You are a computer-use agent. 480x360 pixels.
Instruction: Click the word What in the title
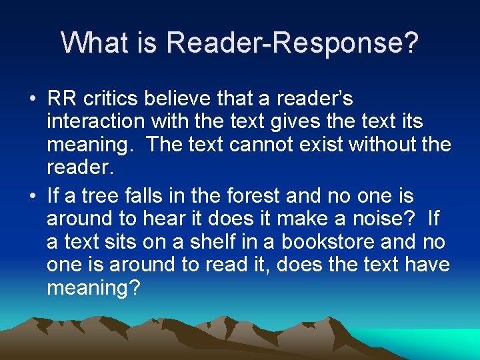tap(91, 43)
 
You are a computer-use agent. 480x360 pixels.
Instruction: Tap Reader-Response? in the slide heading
tap(293, 43)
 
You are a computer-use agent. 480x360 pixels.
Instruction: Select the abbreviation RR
tap(62, 99)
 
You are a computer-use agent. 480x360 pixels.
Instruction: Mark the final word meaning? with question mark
tap(93, 288)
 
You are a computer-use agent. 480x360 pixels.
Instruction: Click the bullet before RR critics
tap(32, 99)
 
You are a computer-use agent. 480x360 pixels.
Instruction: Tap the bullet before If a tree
tap(32, 197)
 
